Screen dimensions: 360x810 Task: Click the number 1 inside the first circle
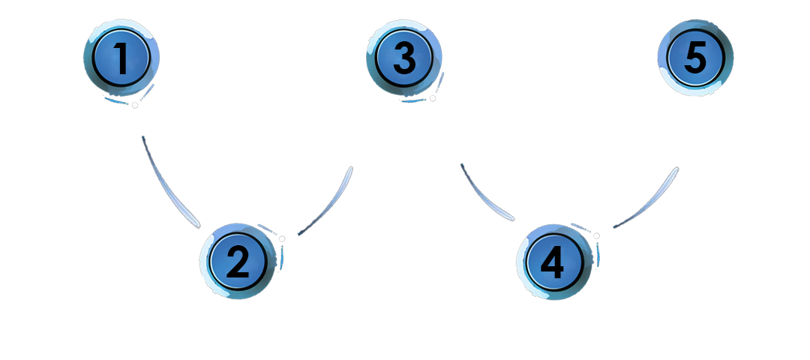point(121,58)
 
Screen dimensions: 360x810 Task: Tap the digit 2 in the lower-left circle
point(238,262)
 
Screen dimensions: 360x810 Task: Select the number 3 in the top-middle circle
point(403,58)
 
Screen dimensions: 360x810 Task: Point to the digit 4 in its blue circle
point(553,264)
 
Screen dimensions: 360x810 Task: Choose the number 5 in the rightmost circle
point(694,58)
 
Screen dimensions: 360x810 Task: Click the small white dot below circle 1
point(133,106)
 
